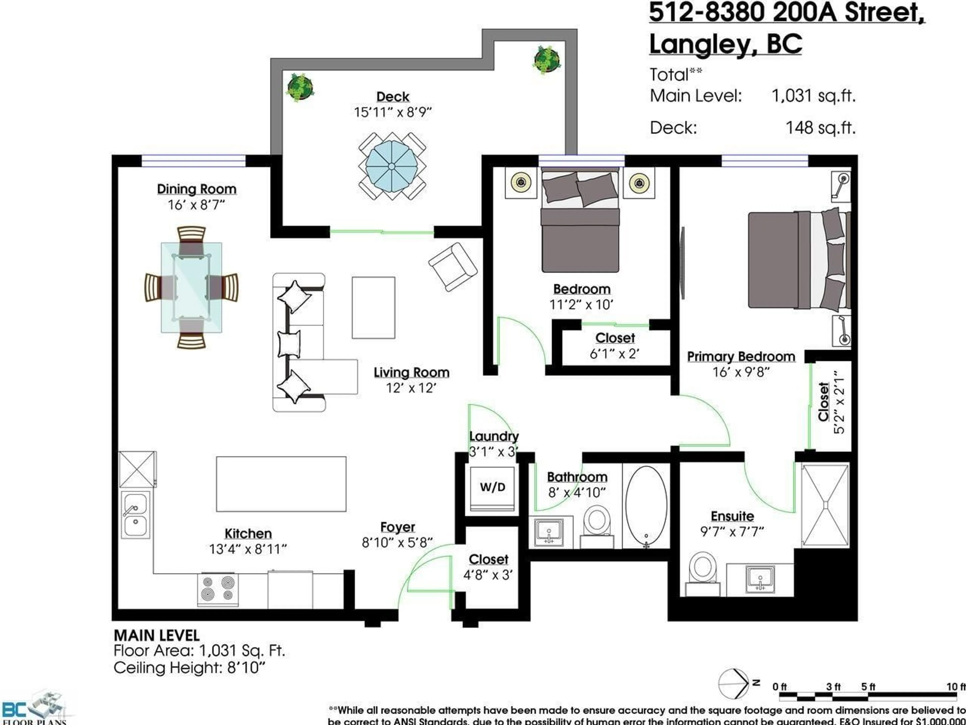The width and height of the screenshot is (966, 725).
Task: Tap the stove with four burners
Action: pyautogui.click(x=218, y=589)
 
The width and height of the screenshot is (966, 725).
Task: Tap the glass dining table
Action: pyautogui.click(x=191, y=287)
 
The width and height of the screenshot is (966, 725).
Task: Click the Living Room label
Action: pyautogui.click(x=411, y=372)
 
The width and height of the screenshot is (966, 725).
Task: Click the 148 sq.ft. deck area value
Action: pyautogui.click(x=820, y=128)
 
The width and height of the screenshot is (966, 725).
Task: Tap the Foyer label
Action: pyautogui.click(x=397, y=527)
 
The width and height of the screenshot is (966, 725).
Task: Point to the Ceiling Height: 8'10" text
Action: pyautogui.click(x=189, y=668)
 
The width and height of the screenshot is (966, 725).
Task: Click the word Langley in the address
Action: pyautogui.click(x=703, y=44)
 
